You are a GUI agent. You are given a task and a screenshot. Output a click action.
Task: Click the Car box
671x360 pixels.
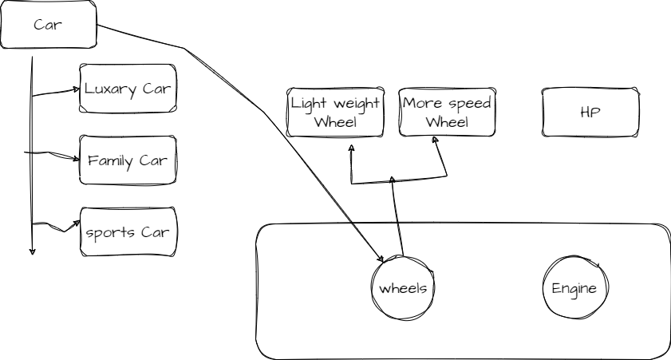pyautogui.click(x=49, y=25)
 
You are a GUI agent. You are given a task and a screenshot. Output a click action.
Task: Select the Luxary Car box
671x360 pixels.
pyautogui.click(x=128, y=88)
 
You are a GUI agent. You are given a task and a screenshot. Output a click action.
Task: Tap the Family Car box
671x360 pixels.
pyautogui.click(x=128, y=160)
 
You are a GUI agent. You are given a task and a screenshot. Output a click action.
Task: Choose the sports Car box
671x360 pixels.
pyautogui.click(x=128, y=232)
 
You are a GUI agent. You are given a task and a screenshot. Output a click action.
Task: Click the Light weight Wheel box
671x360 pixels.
pyautogui.click(x=335, y=113)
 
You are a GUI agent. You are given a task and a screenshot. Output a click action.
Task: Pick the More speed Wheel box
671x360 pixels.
pyautogui.click(x=447, y=113)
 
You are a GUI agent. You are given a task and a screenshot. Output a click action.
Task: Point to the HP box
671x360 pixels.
pyautogui.click(x=590, y=113)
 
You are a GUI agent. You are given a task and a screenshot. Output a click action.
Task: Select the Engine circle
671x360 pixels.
pyautogui.click(x=574, y=288)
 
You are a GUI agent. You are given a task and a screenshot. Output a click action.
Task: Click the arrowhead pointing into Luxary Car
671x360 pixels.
pyautogui.click(x=77, y=89)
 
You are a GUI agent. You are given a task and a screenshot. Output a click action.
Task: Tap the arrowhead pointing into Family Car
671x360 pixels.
pyautogui.click(x=77, y=157)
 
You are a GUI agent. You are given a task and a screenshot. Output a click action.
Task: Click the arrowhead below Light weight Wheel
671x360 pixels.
pyautogui.click(x=350, y=148)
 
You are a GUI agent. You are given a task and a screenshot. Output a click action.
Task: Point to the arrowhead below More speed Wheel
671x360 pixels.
pyautogui.click(x=436, y=140)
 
